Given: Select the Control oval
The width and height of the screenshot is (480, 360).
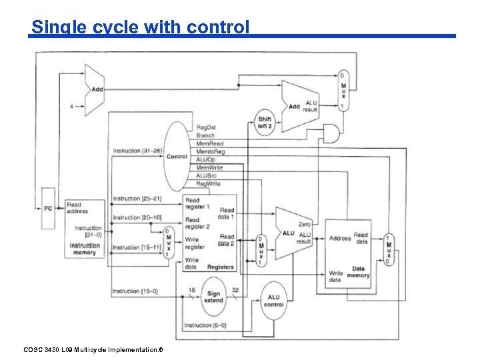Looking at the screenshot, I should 177,156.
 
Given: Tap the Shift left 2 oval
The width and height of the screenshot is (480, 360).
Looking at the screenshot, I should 265,123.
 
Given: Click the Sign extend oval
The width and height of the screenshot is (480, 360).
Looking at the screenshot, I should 213,297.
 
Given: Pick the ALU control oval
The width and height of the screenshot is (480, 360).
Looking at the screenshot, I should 274,301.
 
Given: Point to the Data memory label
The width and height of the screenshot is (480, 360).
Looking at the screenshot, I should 358,272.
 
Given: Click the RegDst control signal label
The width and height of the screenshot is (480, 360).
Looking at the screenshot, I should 206,127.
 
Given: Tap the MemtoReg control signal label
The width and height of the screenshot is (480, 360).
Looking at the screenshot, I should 211,151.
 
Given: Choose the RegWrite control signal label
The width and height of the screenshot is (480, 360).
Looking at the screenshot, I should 208,183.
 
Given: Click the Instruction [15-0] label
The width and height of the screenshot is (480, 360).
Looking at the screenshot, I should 135,291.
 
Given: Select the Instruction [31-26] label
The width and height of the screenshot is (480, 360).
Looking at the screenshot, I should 137,151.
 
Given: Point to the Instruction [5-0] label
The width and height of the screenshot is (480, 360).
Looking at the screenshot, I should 205,325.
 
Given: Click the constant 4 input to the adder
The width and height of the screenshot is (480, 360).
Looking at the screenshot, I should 71,106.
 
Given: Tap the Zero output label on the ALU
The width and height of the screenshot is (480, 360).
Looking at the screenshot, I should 305,225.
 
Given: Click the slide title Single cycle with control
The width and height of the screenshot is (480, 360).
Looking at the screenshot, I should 140,27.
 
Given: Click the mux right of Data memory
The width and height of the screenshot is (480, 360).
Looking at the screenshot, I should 389,249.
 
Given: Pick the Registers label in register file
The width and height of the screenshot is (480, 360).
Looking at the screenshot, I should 220,267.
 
